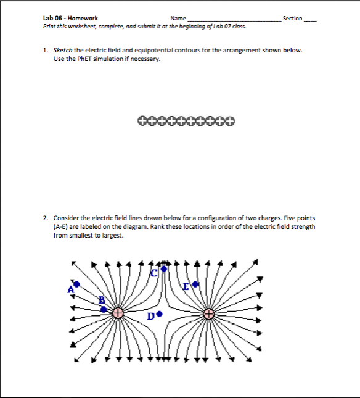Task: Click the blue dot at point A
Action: tap(76, 284)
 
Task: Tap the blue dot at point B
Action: tap(104, 309)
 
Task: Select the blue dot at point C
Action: tap(163, 268)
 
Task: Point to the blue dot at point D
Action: tap(160, 313)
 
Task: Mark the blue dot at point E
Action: tap(195, 284)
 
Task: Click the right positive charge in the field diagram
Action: tap(209, 314)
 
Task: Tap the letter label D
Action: tap(152, 317)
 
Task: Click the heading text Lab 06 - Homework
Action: tap(70, 19)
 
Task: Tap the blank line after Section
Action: tap(310, 20)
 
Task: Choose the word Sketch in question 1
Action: tap(63, 50)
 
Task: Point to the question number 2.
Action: tap(46, 218)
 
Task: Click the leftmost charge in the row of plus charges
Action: tap(142, 120)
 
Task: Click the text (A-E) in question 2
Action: tap(62, 226)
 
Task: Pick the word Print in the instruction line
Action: tap(50, 27)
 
